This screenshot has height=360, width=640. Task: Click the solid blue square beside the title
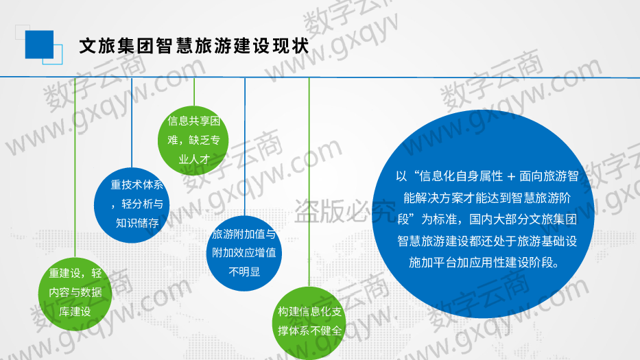point(39,45)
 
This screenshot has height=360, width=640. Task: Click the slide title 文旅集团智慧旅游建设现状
point(194,46)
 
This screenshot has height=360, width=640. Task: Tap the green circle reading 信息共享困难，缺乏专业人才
point(193,140)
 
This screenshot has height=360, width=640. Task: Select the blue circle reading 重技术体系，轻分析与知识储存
point(132,205)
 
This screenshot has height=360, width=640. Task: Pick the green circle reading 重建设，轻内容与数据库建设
point(75,294)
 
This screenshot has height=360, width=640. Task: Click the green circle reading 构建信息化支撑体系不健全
point(309,323)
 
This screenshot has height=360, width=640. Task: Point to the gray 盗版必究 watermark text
point(345,212)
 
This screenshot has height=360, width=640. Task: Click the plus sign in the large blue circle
point(511,177)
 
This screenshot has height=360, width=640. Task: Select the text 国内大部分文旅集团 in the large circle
point(523,219)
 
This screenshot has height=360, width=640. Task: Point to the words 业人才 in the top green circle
point(194,159)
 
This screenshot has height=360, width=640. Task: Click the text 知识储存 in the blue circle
point(137,223)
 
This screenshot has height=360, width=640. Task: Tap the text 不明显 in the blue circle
point(244,272)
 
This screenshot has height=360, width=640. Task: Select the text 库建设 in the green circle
point(75,312)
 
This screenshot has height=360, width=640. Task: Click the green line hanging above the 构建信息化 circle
point(309,182)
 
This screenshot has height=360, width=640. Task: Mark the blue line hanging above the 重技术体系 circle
point(132,123)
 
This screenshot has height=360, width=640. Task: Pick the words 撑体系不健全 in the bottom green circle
point(309,331)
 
